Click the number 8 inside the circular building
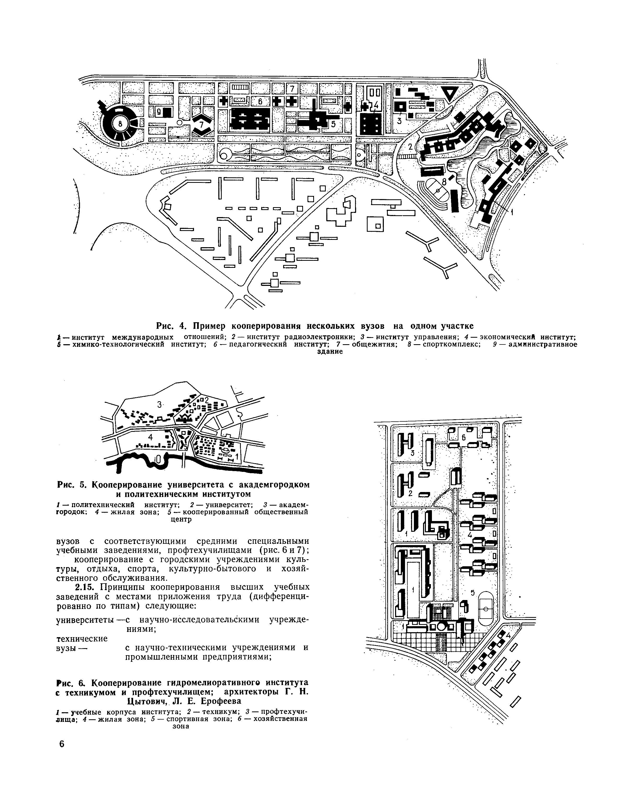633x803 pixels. coord(120,125)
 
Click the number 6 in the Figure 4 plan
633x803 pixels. coord(260,101)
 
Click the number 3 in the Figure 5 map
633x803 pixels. coord(159,405)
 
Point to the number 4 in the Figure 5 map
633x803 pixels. coord(150,436)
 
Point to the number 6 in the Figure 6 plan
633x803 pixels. coord(463,437)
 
